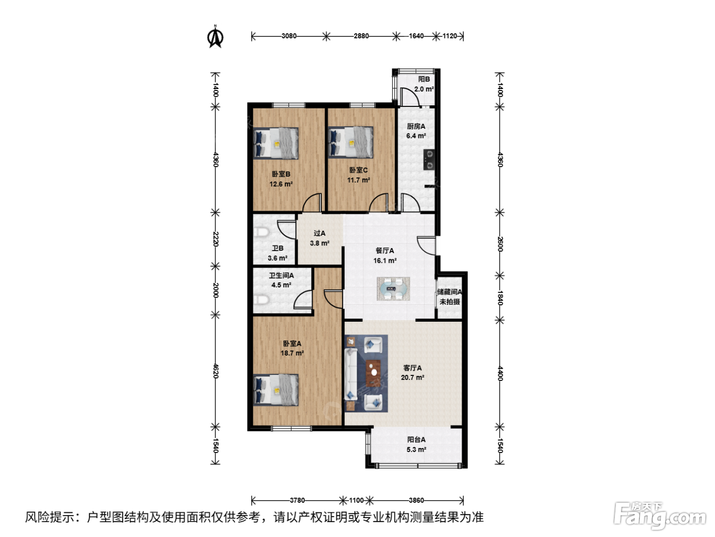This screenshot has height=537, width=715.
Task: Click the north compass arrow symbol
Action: tap(215, 37)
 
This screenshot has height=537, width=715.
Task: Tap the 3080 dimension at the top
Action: tap(289, 36)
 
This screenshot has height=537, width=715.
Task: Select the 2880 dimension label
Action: tap(361, 36)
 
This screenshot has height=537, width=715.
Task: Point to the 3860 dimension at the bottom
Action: tap(416, 500)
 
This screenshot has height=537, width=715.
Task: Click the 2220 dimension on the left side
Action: tap(216, 239)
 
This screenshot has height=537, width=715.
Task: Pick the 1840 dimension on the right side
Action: tap(500, 298)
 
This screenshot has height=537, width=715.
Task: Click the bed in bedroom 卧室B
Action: tap(276, 143)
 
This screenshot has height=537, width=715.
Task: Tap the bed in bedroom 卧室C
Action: tap(350, 142)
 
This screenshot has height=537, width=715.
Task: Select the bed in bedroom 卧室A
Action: tap(276, 390)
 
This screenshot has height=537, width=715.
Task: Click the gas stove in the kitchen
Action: tap(428, 160)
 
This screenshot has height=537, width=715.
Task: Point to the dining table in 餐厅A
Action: tap(393, 289)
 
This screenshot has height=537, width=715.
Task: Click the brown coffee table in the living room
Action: tap(373, 372)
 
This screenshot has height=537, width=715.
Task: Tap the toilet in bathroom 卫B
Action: tap(261, 233)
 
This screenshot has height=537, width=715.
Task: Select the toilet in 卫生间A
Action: tap(261, 299)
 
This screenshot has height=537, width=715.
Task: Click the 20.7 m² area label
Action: tap(412, 377)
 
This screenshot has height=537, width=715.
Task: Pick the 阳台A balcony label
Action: tap(416, 439)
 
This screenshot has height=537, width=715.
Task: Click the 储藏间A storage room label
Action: tap(449, 292)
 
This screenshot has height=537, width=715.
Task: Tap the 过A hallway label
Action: tap(319, 233)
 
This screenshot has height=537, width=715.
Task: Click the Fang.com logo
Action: tap(660, 516)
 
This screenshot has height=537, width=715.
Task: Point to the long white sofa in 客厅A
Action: tap(351, 374)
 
